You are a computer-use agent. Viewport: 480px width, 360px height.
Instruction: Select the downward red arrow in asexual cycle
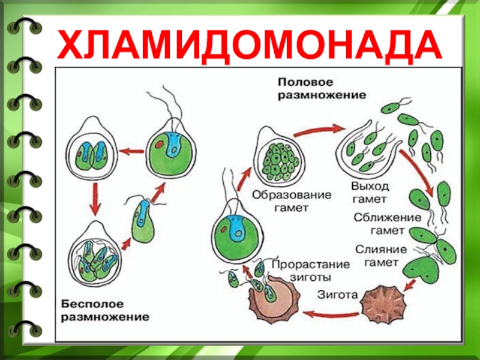tap(94, 199)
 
